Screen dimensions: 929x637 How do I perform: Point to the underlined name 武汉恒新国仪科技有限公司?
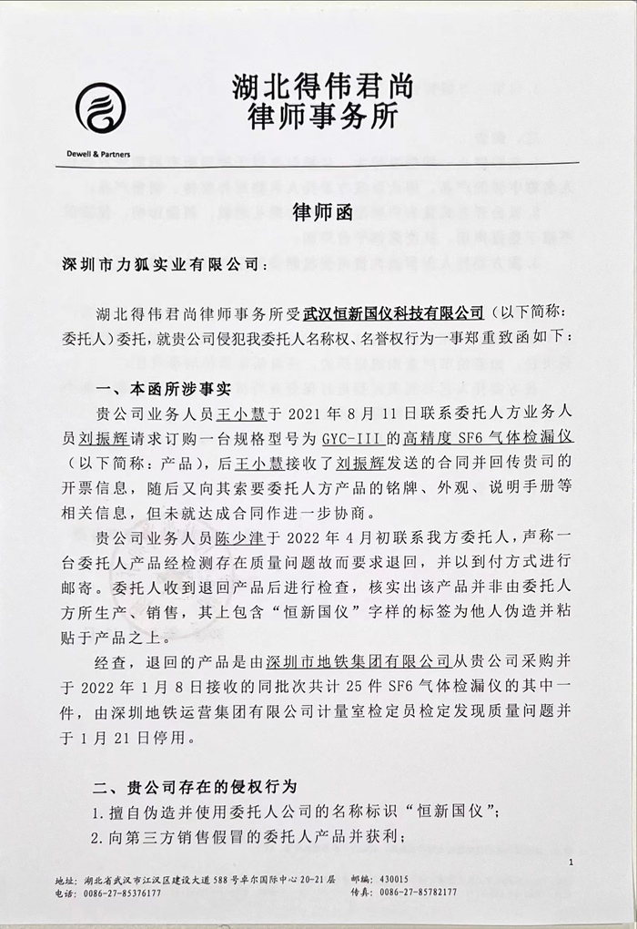pyautogui.click(x=392, y=313)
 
